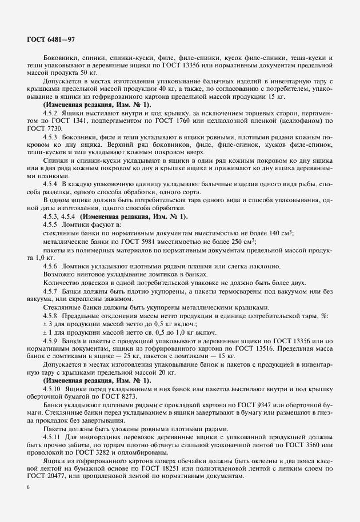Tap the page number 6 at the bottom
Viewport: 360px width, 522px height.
28,487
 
